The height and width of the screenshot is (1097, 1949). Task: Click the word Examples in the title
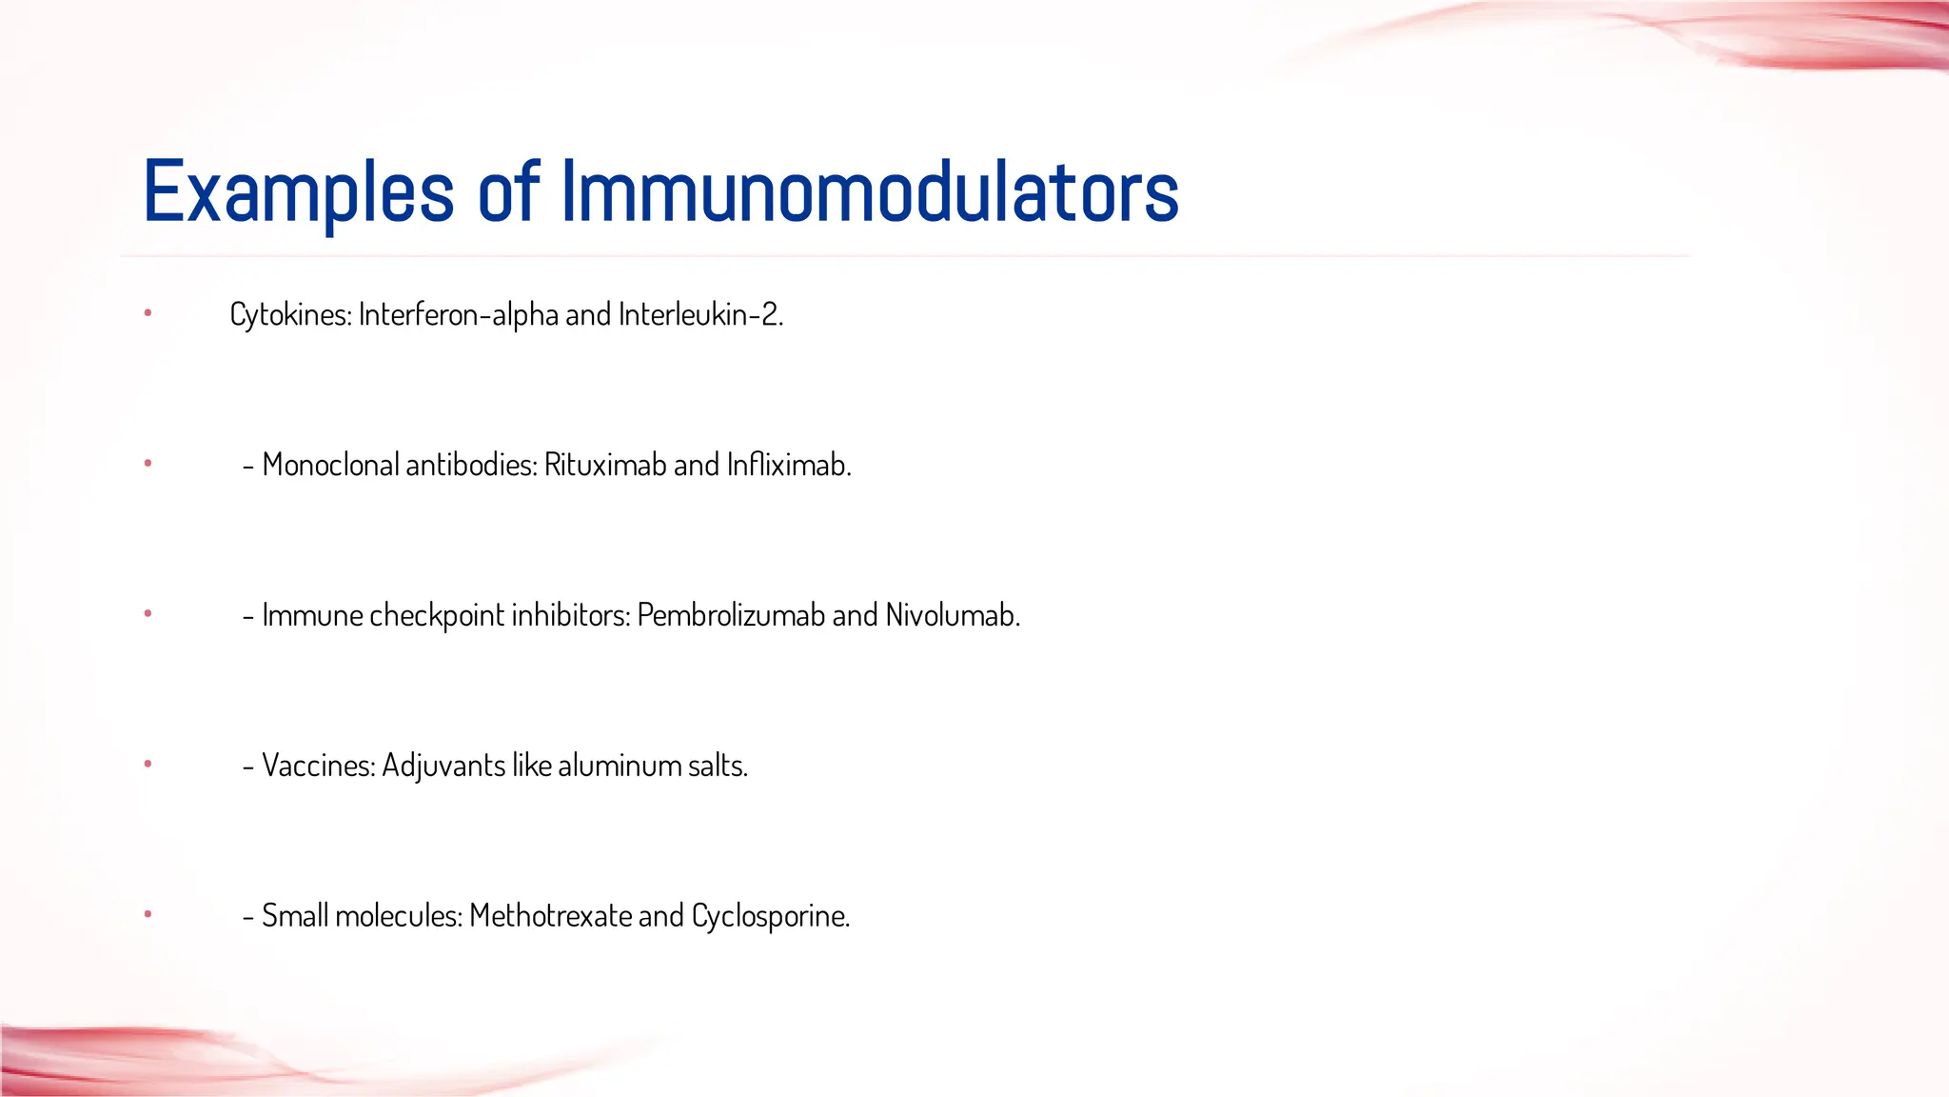(x=298, y=193)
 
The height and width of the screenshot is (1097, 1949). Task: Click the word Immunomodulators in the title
(x=870, y=193)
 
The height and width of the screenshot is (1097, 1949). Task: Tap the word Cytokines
(x=289, y=314)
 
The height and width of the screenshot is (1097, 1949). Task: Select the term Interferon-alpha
(x=458, y=314)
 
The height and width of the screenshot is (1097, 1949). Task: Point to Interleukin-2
(x=699, y=314)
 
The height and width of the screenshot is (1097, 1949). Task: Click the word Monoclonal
(x=330, y=465)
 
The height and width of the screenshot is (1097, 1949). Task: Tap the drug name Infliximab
(x=788, y=465)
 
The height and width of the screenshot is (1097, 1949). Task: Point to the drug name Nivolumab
(x=952, y=615)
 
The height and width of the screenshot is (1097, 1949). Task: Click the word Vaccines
(x=318, y=766)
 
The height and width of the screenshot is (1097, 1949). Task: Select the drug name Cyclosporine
(x=770, y=916)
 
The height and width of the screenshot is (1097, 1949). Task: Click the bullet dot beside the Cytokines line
(x=148, y=313)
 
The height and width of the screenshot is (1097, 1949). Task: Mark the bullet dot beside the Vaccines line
(x=148, y=764)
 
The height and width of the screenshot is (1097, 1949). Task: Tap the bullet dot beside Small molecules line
(x=148, y=914)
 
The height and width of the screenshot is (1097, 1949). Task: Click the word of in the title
(x=508, y=193)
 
